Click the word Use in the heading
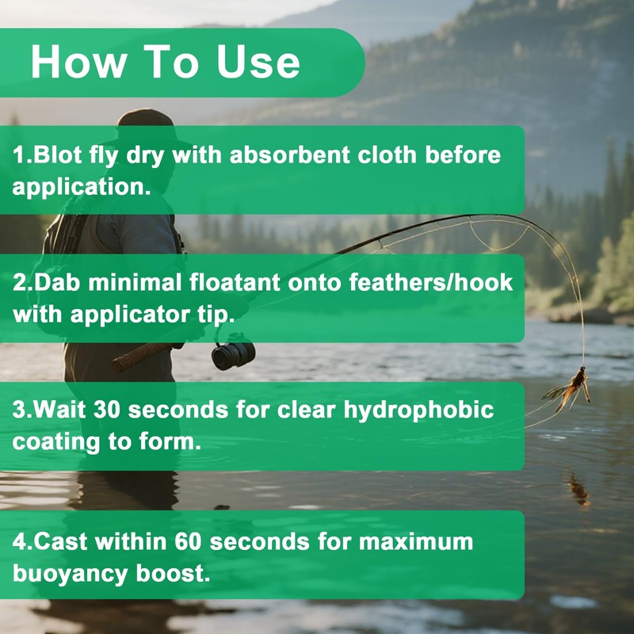tap(256, 63)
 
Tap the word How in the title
tap(71, 63)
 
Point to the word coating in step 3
tap(50, 442)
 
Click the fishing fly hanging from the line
tap(572, 388)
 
